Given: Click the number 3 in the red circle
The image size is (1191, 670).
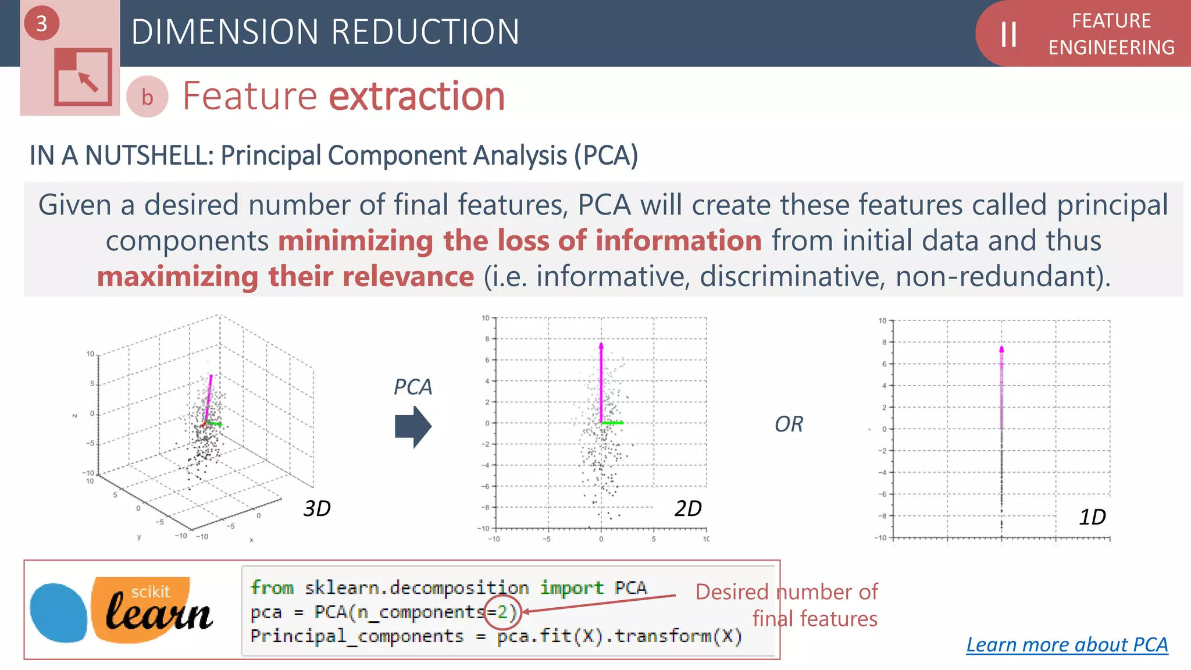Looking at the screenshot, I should click(x=41, y=23).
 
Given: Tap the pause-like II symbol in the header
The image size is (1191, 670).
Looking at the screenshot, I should click(x=1008, y=34).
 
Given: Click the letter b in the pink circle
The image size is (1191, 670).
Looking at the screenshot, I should click(x=147, y=97).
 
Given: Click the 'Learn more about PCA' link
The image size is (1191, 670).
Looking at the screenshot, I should click(x=1067, y=644).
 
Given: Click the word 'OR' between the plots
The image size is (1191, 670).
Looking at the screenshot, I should click(x=789, y=425).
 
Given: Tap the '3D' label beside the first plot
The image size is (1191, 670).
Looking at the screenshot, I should click(x=317, y=509).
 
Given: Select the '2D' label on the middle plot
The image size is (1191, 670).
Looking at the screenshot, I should click(x=688, y=509).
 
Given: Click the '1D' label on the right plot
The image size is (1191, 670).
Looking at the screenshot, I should click(x=1092, y=517).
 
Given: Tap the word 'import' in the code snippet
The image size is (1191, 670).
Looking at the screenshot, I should click(x=572, y=587).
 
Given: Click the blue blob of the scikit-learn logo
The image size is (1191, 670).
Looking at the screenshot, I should click(x=58, y=612).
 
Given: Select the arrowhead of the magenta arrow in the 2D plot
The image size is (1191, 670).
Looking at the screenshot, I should click(x=601, y=346).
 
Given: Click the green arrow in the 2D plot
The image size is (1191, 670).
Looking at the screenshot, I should click(x=612, y=423).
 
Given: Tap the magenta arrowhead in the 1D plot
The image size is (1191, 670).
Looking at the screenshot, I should click(x=1001, y=350).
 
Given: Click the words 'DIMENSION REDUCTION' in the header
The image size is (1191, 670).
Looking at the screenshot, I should click(x=325, y=32).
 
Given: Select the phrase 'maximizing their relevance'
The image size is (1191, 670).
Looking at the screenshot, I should click(x=286, y=277).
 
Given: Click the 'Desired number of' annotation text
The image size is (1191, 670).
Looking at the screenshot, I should click(x=786, y=592).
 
